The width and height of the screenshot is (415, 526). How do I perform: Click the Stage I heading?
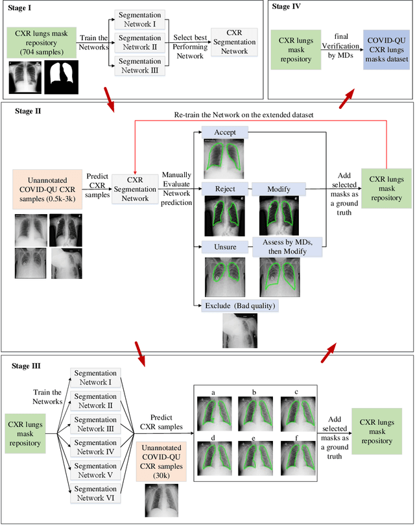[x=23, y=8]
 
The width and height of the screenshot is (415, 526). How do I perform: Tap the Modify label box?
[x=277, y=189]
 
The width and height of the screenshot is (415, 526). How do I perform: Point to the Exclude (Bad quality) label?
[x=239, y=305]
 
